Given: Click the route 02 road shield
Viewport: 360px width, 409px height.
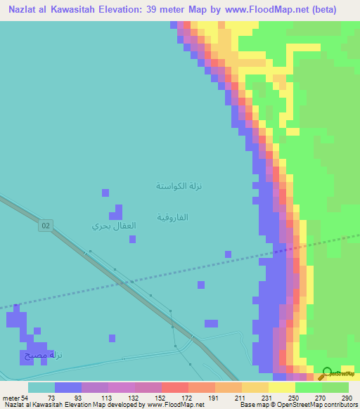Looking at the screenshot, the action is click(x=46, y=225).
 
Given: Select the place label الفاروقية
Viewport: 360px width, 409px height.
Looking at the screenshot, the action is click(x=172, y=217).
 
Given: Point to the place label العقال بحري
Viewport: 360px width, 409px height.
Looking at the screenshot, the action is click(x=114, y=226).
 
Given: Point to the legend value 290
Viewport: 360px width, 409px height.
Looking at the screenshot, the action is click(x=345, y=397).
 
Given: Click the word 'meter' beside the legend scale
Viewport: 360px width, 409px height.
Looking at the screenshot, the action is click(x=11, y=397).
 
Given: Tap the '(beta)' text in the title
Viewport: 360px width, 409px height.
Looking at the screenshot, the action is click(x=321, y=10).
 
